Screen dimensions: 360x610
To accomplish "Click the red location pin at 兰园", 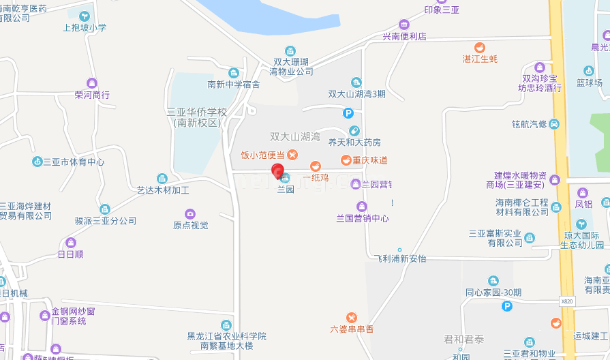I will point(277,170).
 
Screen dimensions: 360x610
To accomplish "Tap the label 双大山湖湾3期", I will point(356,94).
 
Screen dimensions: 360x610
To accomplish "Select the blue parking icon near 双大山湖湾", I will point(348,113).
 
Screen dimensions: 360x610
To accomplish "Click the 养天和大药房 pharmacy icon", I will point(354,131).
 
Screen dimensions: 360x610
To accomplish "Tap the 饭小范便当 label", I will point(264,155).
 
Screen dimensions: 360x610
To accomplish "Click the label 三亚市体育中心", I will point(74,162).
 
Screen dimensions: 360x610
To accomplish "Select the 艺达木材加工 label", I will point(163,190).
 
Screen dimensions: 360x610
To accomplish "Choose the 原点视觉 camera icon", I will point(190,213).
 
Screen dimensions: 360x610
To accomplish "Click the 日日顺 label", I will point(70,254).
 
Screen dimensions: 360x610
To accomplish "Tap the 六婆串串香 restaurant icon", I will point(352,317).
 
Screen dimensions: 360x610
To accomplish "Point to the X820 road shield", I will point(567,300).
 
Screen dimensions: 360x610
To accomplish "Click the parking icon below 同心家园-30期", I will point(506,307).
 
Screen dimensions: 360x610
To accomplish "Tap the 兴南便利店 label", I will point(403,36).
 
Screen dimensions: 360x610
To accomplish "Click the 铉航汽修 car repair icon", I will point(555,123).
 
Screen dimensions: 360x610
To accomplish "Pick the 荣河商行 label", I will point(92,95).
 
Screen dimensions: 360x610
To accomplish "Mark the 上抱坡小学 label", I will point(85,28).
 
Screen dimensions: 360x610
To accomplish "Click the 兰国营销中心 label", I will point(363,218).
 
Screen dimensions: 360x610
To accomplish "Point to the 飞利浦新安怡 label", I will point(400,258).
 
